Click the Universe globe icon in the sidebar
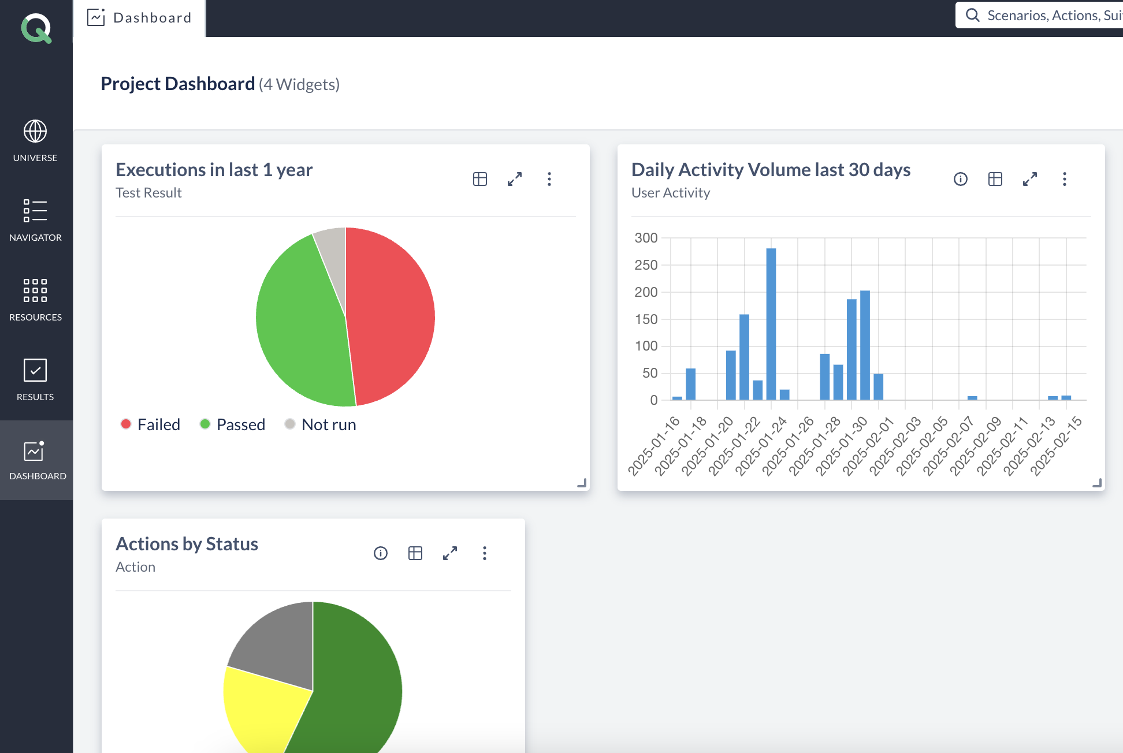tap(35, 132)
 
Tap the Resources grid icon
tap(35, 290)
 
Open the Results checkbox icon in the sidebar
tap(35, 370)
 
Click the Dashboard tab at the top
tap(140, 18)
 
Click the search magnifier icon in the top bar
tap(973, 15)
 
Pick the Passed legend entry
tap(233, 424)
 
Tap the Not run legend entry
tap(321, 424)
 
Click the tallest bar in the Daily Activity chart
tap(771, 323)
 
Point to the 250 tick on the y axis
tap(646, 265)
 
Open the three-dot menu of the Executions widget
tap(549, 179)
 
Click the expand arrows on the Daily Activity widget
tap(1030, 179)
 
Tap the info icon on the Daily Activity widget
tap(961, 179)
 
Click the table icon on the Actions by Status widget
tap(415, 553)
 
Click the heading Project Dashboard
tap(178, 84)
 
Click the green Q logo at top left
tap(36, 28)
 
